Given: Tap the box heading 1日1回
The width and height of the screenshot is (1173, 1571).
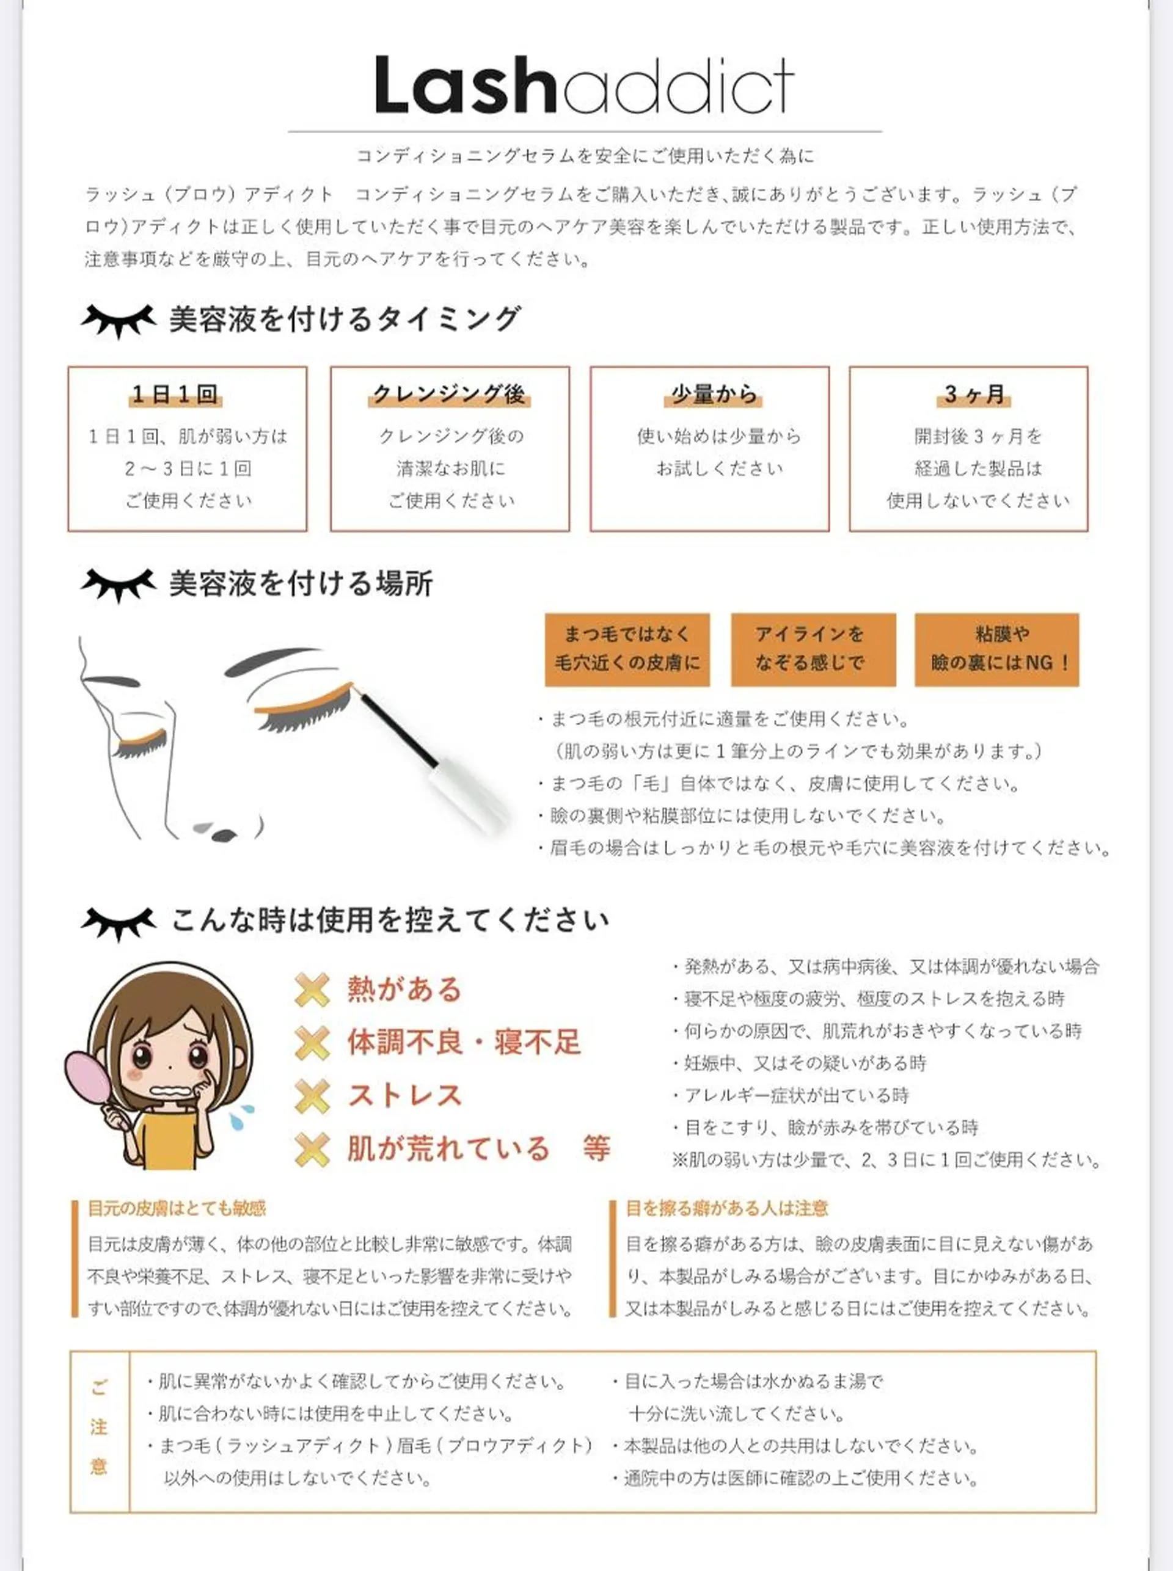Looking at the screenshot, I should pos(175,394).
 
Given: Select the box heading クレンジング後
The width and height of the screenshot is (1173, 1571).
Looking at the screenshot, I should pos(449,394).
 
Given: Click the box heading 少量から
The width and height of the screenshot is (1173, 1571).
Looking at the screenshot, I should pos(714,394).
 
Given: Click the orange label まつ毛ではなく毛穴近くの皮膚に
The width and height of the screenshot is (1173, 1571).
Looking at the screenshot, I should pos(627,649).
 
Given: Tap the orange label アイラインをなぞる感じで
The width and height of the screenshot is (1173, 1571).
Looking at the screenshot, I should pos(813,649).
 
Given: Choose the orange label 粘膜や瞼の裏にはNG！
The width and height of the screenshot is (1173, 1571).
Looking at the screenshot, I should pos(996,649).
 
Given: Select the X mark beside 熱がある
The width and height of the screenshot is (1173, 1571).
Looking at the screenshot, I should pos(312,990).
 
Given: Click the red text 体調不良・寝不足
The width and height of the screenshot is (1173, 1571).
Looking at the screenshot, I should pos(464,1042).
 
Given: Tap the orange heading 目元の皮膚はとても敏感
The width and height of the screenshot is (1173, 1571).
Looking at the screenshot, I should pos(177,1208).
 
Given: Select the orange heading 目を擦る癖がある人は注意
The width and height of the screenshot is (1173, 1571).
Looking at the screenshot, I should pos(726,1208).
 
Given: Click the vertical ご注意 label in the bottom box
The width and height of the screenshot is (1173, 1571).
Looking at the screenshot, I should pos(99,1426).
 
